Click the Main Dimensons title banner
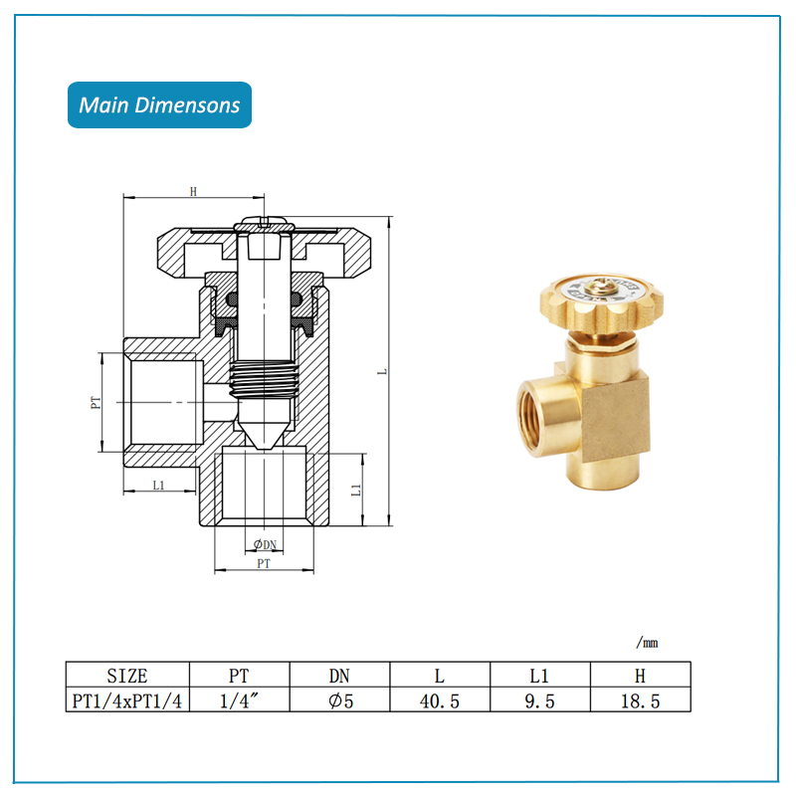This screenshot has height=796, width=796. click(159, 104)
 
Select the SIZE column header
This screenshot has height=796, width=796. click(127, 676)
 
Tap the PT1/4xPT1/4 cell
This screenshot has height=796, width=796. click(127, 701)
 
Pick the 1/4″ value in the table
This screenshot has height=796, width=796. click(239, 701)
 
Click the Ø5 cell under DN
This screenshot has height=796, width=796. click(340, 701)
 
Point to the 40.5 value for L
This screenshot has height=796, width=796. click(440, 701)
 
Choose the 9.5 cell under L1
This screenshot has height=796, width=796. click(539, 701)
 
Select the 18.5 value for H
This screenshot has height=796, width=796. click(640, 701)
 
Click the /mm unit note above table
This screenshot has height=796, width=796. click(648, 643)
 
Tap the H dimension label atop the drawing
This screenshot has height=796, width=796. click(193, 191)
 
